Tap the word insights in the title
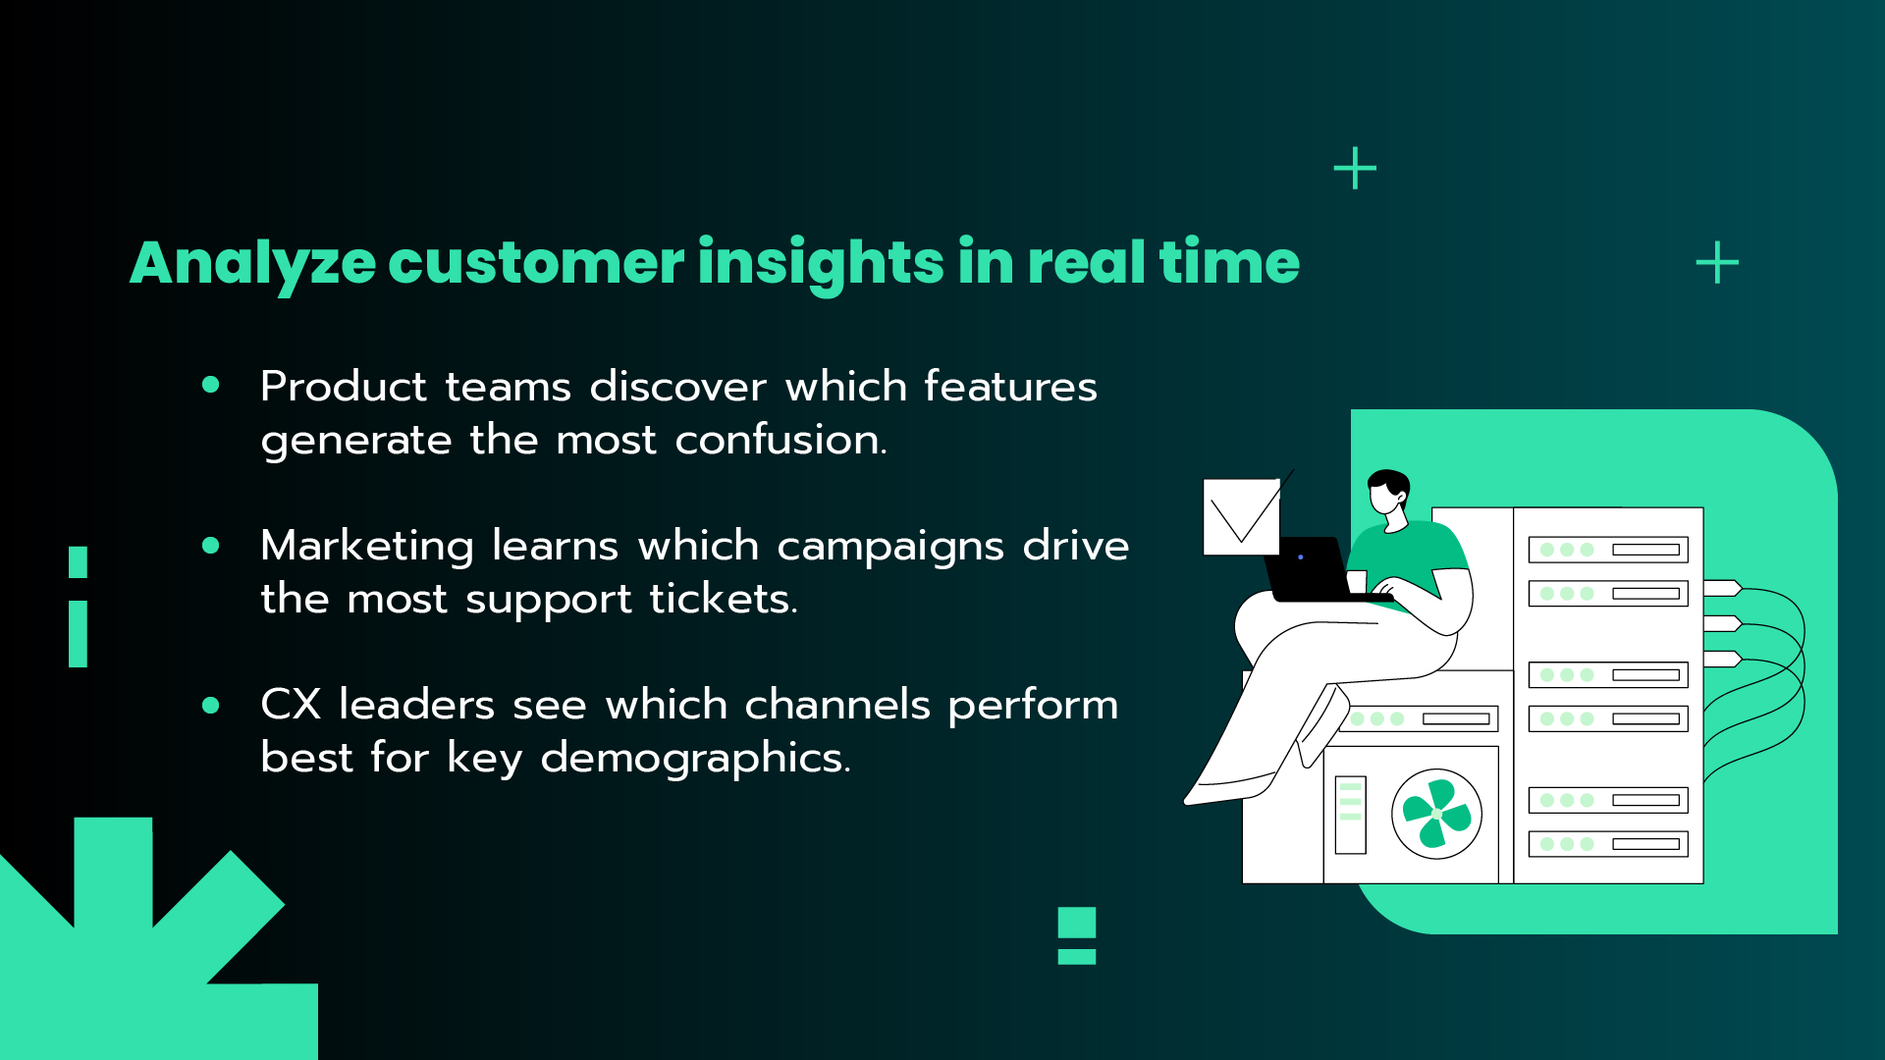pyautogui.click(x=821, y=263)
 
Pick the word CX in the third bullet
pyautogui.click(x=291, y=705)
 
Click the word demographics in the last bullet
pyautogui.click(x=695, y=758)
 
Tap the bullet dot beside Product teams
pyautogui.click(x=211, y=385)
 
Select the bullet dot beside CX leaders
pyautogui.click(x=211, y=705)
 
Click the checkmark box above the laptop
pyautogui.click(x=1242, y=516)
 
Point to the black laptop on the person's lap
pyautogui.click(x=1311, y=569)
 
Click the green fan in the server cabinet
pyautogui.click(x=1436, y=814)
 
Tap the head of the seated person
pyautogui.click(x=1388, y=493)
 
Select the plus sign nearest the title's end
pyautogui.click(x=1355, y=169)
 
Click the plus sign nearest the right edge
pyautogui.click(x=1717, y=263)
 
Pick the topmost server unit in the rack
pyautogui.click(x=1607, y=550)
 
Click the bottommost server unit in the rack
pyautogui.click(x=1607, y=843)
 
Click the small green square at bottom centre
pyautogui.click(x=1077, y=923)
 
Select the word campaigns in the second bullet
pyautogui.click(x=890, y=547)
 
